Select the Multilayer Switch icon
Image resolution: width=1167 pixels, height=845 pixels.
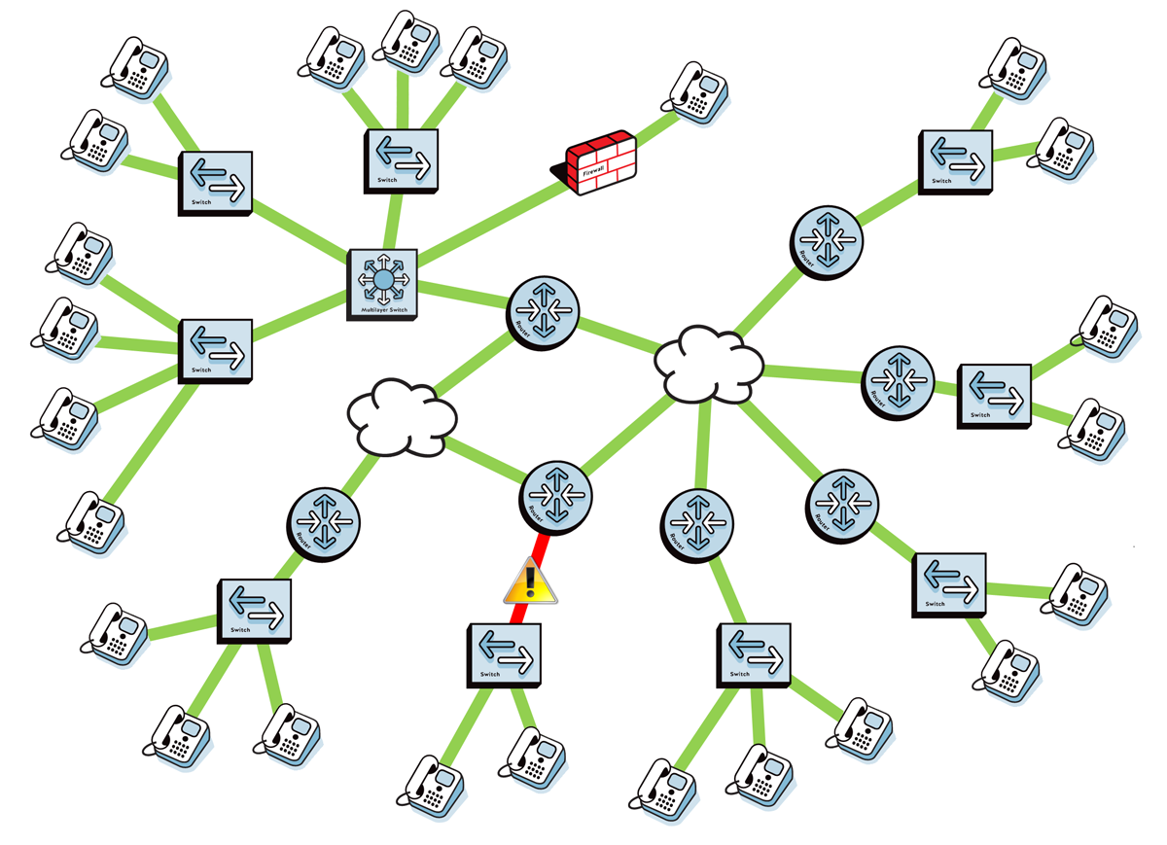(x=383, y=282)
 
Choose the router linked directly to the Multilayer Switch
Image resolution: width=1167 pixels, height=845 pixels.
(x=544, y=309)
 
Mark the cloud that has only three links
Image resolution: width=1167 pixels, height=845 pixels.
(x=402, y=418)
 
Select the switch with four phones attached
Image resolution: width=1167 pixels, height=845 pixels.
(x=215, y=350)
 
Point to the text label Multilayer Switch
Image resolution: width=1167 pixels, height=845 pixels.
(x=383, y=310)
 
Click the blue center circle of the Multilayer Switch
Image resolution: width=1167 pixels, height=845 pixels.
(x=383, y=280)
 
